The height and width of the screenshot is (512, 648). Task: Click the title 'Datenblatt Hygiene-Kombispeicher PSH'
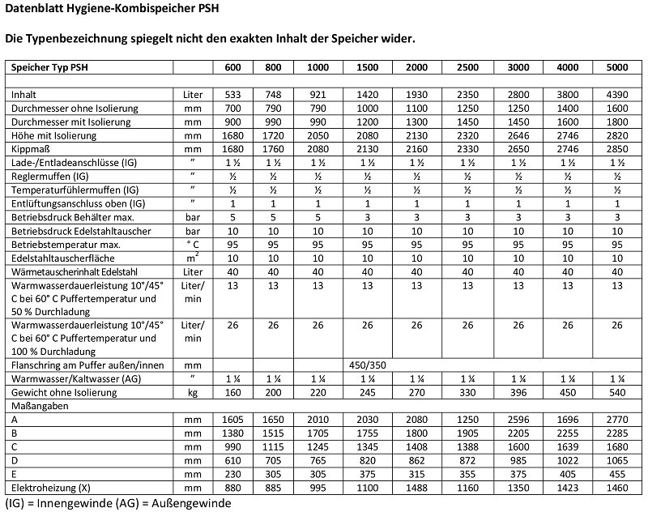tap(112, 10)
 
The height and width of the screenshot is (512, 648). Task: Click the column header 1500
tap(367, 67)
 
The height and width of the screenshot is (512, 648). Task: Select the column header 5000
tap(617, 67)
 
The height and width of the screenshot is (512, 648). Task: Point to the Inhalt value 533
tap(232, 95)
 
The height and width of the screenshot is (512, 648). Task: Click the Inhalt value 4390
tap(617, 95)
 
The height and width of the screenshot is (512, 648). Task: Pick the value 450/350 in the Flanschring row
tap(367, 365)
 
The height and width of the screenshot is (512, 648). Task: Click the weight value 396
tap(517, 393)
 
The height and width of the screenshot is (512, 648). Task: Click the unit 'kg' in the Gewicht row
tap(193, 393)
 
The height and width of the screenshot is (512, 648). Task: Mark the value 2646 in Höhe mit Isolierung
tap(517, 135)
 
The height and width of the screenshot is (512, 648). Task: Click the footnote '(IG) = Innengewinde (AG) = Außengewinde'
tap(117, 504)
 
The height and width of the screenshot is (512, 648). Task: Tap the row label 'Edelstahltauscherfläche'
tap(59, 258)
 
